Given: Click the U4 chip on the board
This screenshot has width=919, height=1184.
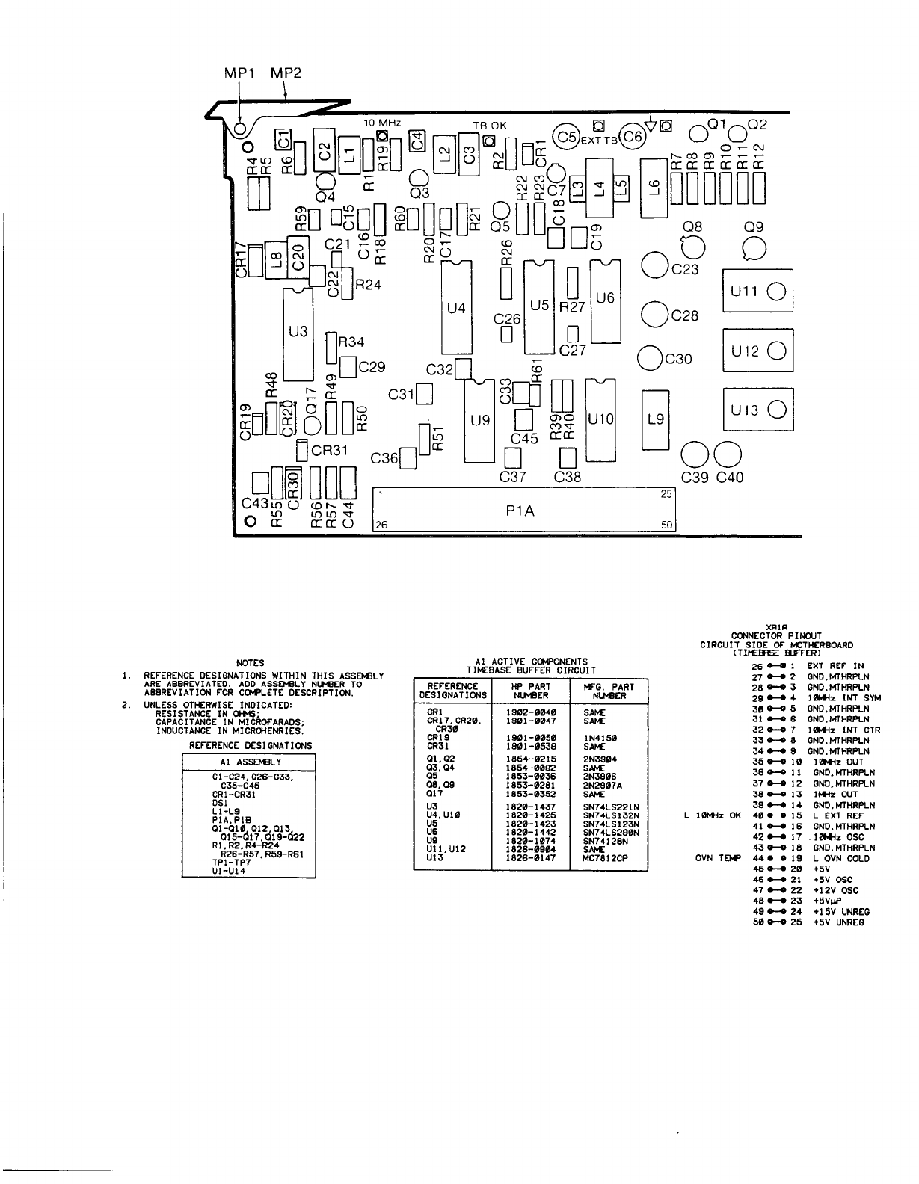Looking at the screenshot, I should coord(456,307).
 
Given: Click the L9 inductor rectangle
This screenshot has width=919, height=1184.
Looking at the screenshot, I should coord(656,419).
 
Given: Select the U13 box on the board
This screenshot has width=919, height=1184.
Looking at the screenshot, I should coord(757,409).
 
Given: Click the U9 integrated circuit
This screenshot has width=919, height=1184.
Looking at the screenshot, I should coord(480,420).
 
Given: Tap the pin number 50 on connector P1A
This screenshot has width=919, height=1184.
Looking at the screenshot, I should coord(668,525).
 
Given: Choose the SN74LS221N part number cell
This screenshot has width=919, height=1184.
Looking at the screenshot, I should coord(606,807).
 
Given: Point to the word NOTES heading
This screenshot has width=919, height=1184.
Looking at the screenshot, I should coord(250,662).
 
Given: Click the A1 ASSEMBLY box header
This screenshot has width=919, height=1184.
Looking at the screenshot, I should coord(249,762).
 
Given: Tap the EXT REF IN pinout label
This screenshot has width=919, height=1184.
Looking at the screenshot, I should coord(835,665).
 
